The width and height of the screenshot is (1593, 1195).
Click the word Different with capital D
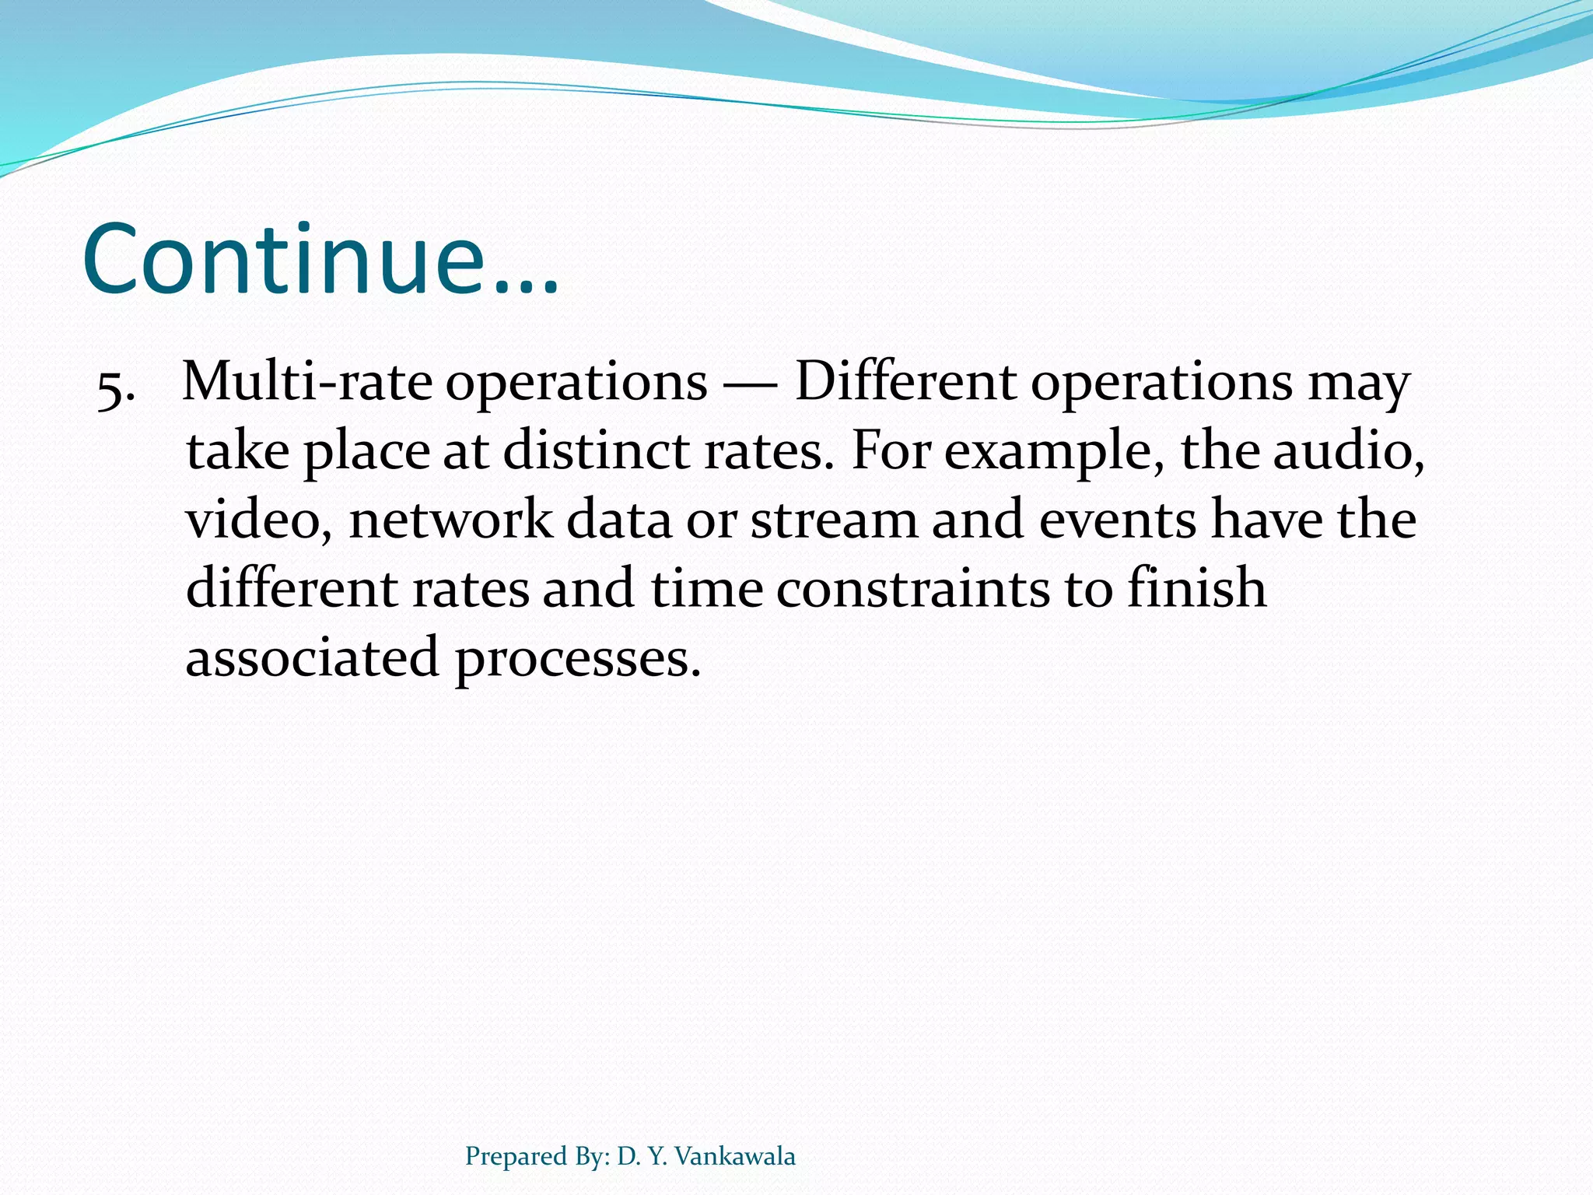point(905,382)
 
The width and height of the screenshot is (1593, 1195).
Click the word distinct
point(596,450)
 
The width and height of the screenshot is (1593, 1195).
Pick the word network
point(450,520)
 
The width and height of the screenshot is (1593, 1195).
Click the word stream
point(833,520)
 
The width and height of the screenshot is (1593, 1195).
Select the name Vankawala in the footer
point(735,1156)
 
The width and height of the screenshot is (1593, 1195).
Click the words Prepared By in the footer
point(537,1157)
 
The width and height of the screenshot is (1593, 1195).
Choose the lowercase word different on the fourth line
point(291,588)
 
